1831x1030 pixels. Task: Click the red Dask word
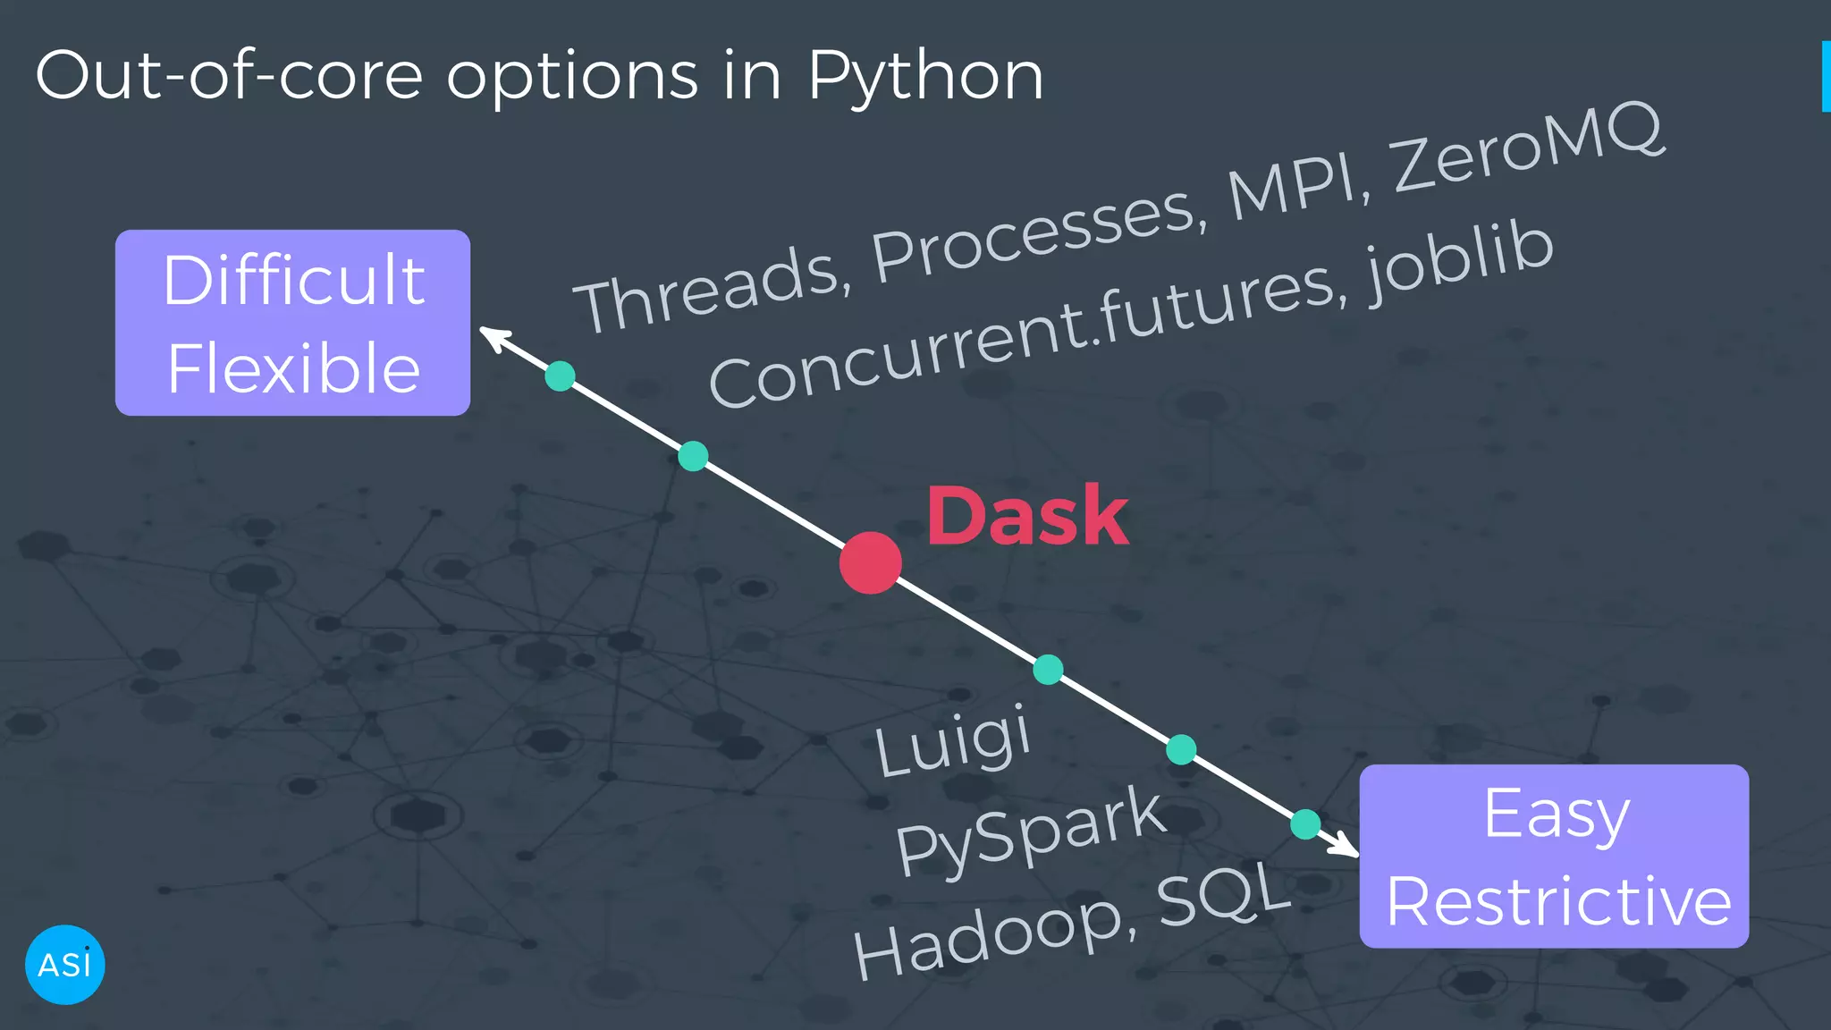point(1027,516)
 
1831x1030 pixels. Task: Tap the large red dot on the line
point(870,563)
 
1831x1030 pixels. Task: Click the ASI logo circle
point(65,965)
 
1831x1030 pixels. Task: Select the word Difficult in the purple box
point(293,281)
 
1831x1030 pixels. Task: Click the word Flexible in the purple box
point(293,368)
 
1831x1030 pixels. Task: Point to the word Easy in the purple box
point(1557,814)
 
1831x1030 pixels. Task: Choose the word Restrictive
point(1558,901)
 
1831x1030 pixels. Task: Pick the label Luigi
point(953,740)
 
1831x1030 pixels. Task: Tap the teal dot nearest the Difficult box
point(560,376)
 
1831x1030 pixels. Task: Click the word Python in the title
point(925,76)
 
